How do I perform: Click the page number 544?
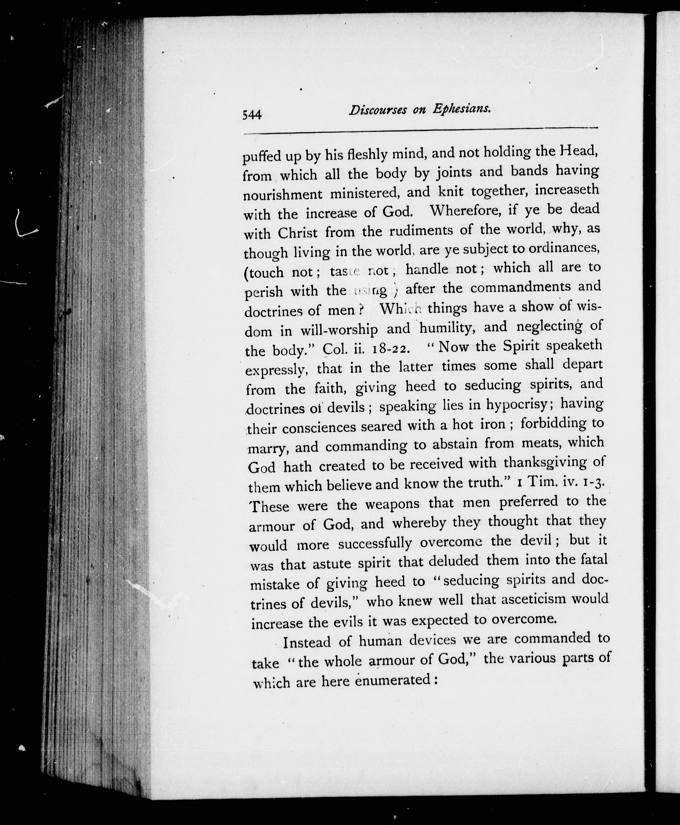tap(252, 115)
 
